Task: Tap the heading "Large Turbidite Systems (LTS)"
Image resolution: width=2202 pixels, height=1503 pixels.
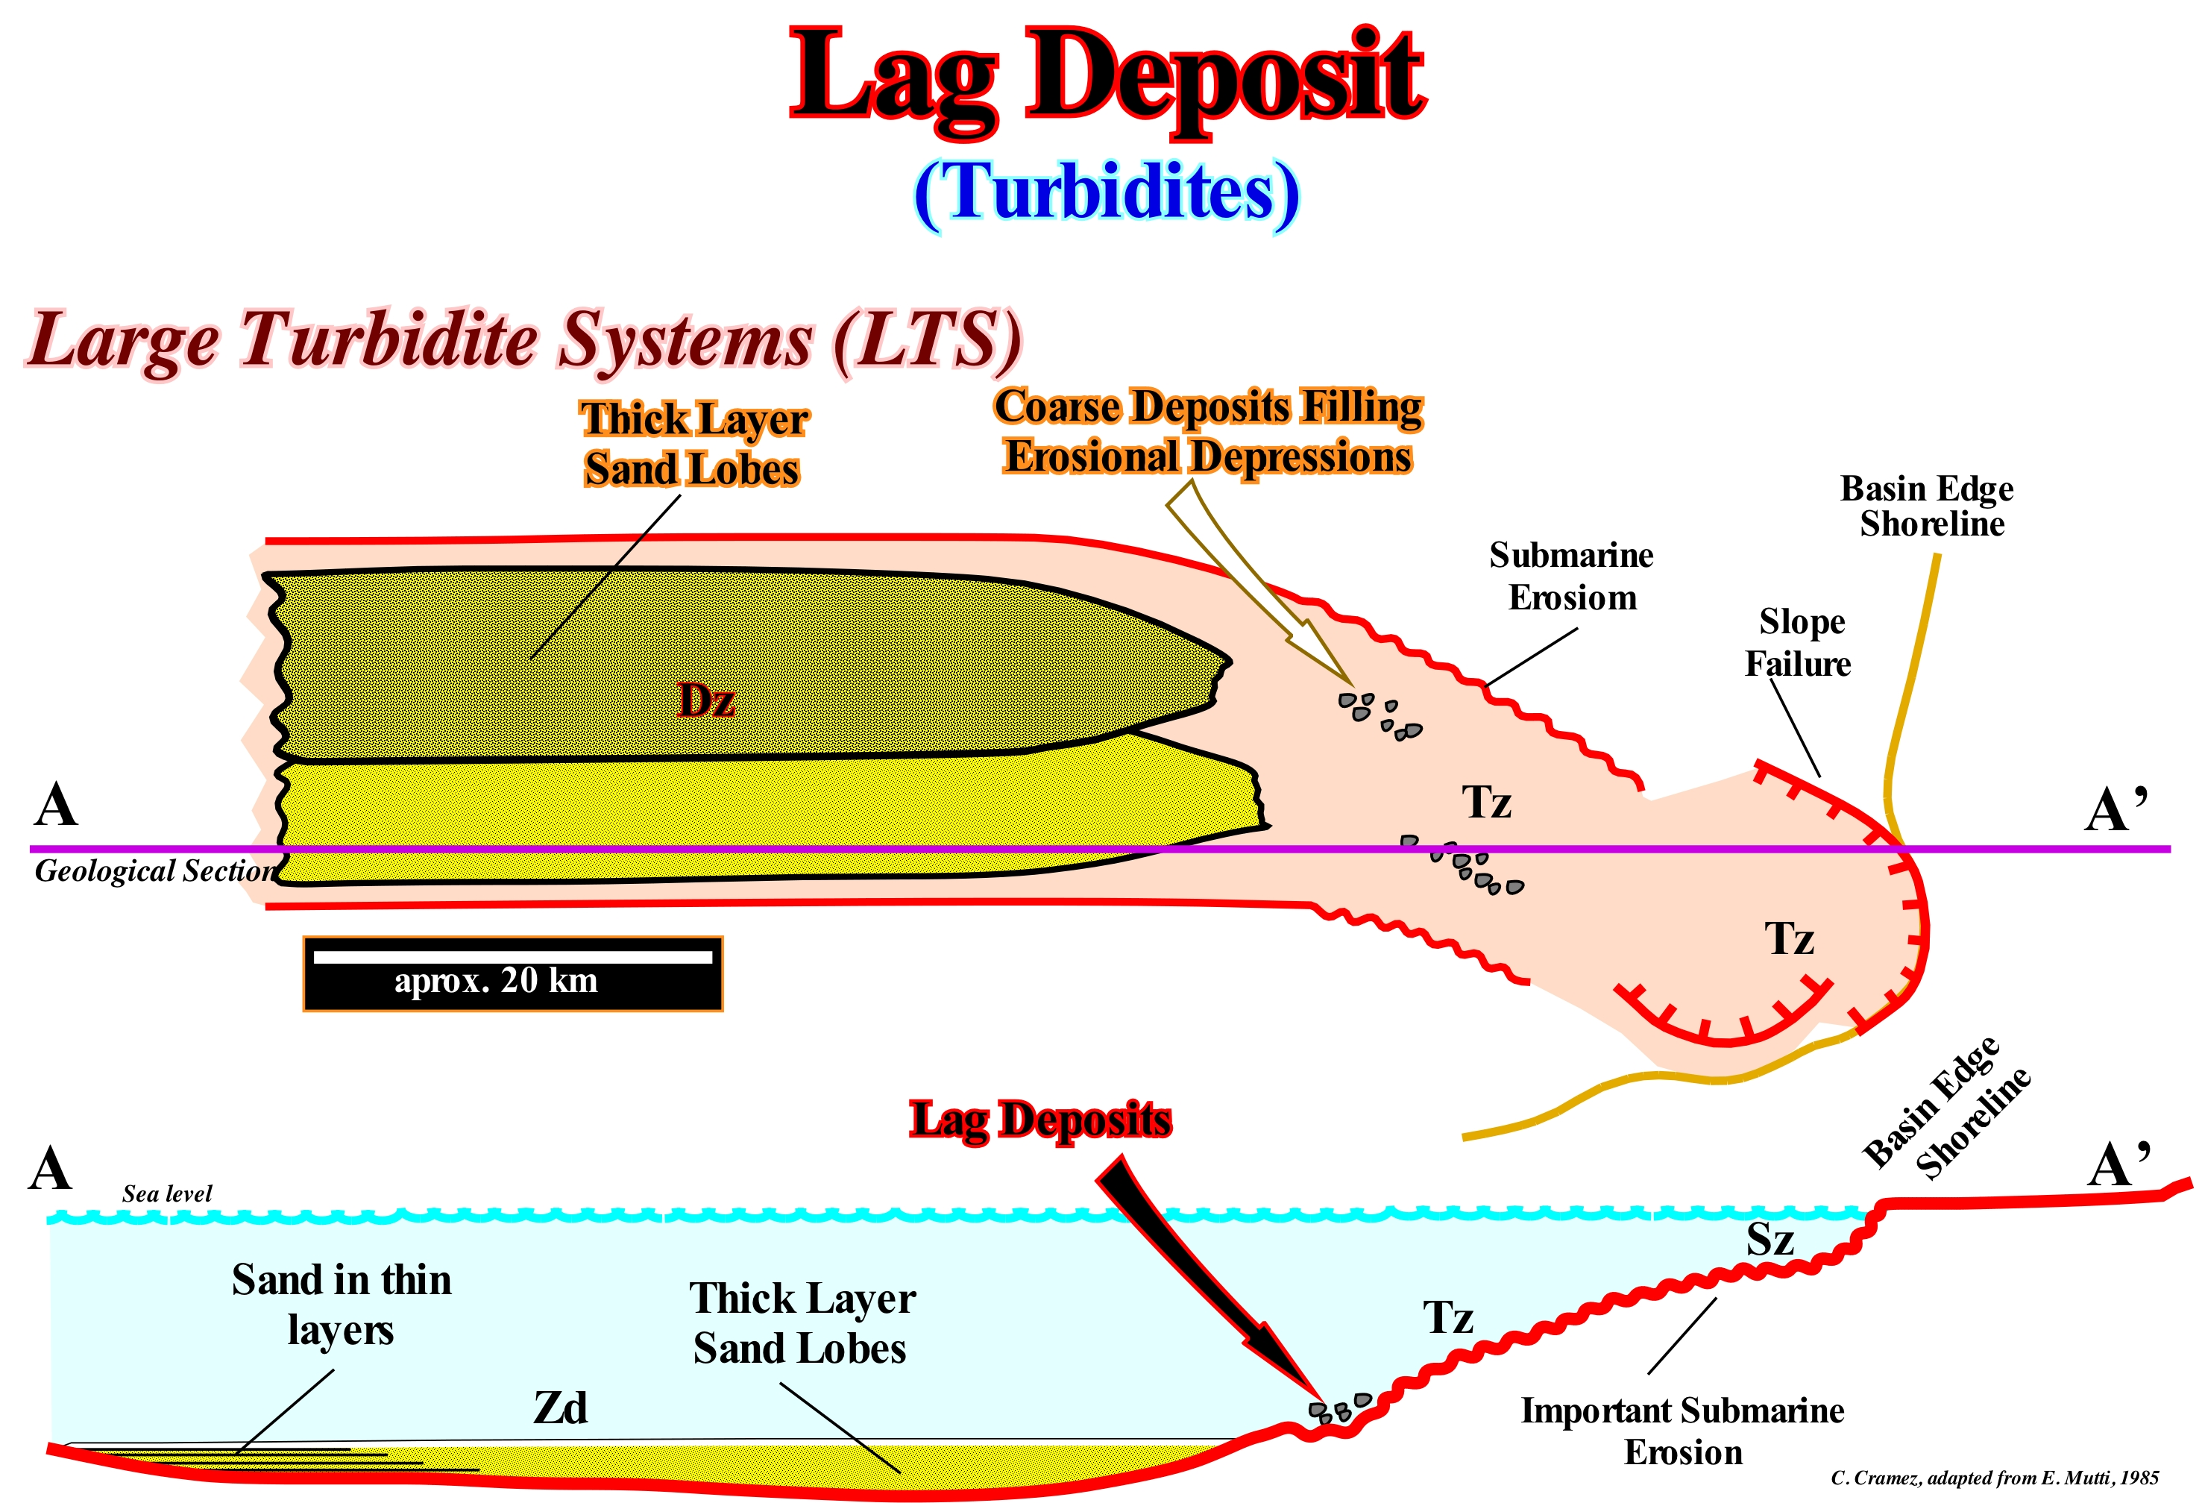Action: tap(525, 341)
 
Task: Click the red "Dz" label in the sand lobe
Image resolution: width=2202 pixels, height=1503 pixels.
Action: tap(707, 700)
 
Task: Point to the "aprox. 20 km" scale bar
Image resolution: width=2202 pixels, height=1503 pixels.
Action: tap(512, 973)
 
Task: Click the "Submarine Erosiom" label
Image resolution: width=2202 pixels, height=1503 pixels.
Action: tap(1571, 576)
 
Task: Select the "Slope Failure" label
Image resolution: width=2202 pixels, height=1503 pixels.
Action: tap(1799, 642)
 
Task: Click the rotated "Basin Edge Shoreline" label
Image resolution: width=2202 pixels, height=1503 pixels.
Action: tap(1946, 1108)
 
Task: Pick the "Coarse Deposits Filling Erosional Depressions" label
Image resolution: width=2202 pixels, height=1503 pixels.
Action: tap(1208, 432)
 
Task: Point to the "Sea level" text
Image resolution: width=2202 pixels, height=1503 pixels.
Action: tap(167, 1193)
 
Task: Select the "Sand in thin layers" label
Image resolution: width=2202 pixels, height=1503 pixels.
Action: tap(341, 1305)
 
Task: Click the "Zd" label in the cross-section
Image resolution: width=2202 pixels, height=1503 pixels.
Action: tap(561, 1408)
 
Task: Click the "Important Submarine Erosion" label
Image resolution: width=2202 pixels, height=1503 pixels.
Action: tap(1683, 1431)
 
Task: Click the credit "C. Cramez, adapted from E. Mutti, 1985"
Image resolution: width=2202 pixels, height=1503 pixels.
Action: tap(1995, 1478)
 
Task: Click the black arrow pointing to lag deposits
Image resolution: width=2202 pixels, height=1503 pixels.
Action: tap(1204, 1279)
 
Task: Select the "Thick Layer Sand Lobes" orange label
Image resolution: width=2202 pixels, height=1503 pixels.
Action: tap(693, 444)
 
